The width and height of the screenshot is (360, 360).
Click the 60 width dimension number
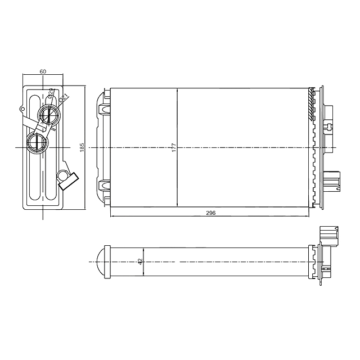pos(43,71)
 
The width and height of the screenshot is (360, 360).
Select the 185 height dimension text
pos(82,147)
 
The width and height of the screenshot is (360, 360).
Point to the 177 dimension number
pos(174,147)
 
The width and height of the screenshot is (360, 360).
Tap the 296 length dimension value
pos(211,213)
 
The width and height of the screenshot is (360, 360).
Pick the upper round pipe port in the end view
pos(48,115)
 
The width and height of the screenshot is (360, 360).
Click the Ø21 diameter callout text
pos(63,98)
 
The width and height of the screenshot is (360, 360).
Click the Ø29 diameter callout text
pos(51,94)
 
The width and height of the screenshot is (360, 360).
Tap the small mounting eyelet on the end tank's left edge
pos(22,109)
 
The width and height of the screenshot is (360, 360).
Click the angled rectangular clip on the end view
pos(70,181)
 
